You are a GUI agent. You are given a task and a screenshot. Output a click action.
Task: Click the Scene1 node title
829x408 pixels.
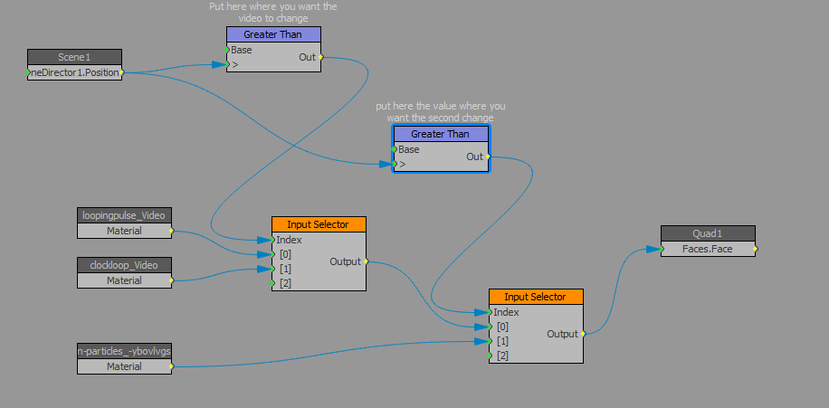click(74, 57)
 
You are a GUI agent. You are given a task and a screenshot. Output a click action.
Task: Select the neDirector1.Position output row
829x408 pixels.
click(74, 72)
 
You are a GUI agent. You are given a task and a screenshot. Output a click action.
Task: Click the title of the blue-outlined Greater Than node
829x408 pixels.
click(441, 134)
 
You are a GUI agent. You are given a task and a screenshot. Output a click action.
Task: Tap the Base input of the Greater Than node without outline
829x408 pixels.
click(242, 50)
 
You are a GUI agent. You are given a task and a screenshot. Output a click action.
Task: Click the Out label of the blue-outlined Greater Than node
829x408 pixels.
click(474, 157)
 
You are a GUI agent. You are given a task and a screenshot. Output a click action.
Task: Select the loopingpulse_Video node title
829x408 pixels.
click(124, 215)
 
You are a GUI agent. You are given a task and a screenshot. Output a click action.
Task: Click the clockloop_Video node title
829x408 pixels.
click(124, 265)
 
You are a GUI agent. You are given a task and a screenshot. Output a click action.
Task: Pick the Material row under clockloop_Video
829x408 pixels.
click(124, 280)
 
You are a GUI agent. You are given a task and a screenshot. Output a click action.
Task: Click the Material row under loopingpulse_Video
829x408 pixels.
click(124, 231)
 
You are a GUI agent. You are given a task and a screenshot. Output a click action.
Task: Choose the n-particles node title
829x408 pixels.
click(124, 351)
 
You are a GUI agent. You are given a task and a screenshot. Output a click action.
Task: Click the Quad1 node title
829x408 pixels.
click(708, 233)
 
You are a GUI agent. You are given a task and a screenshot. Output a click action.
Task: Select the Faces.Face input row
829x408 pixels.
click(708, 249)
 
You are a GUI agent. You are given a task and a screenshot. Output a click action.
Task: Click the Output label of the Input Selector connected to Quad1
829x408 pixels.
click(562, 334)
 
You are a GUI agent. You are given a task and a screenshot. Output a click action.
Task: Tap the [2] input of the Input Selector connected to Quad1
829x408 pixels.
click(502, 356)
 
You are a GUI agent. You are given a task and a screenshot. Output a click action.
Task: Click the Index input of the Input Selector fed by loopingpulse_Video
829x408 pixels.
click(290, 240)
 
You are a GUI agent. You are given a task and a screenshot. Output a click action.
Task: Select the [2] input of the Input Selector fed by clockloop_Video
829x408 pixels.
click(285, 283)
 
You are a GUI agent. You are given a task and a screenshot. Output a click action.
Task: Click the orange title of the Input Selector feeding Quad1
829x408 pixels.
click(536, 297)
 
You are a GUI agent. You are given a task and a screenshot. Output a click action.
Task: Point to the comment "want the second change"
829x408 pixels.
click(440, 118)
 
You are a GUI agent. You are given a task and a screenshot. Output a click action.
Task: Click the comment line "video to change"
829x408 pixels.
click(272, 18)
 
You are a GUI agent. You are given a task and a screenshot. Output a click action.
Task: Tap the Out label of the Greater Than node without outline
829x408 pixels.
click(307, 57)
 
